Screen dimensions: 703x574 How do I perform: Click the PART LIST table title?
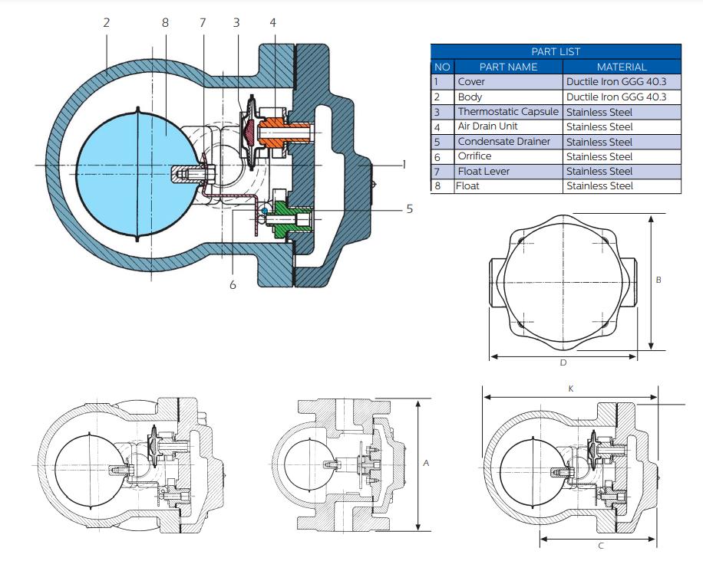556,51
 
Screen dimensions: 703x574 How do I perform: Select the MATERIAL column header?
622,67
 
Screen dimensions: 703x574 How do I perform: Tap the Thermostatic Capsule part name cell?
508,111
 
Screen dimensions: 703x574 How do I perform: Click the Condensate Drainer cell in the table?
504,142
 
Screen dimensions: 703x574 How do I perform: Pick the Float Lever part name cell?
484,171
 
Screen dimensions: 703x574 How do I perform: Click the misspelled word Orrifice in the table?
474,156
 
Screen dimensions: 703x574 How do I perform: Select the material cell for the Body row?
616,97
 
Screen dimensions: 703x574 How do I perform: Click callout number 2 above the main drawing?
106,22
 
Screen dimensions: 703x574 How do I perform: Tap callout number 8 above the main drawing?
165,22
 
